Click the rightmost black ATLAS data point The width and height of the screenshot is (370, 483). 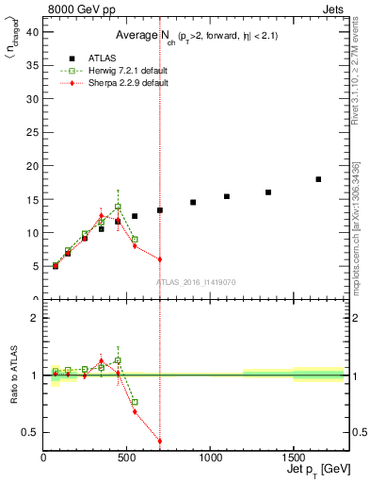tap(318, 179)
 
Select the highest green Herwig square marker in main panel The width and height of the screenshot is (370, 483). tap(118, 207)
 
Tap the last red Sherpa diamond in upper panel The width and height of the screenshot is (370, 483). tap(160, 259)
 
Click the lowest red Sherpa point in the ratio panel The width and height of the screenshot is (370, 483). tap(160, 441)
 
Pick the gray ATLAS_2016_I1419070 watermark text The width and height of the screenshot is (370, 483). tap(195, 281)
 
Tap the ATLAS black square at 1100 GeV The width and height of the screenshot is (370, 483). tap(227, 196)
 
